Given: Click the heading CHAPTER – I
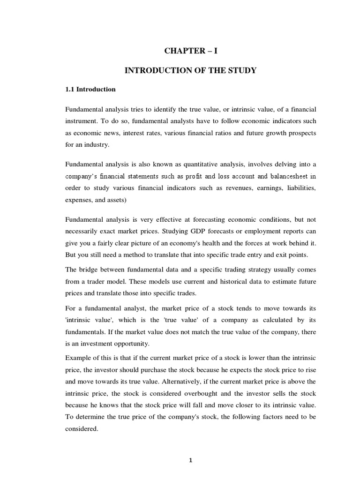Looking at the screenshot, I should click(x=190, y=51).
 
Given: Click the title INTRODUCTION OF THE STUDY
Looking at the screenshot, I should click(x=190, y=70).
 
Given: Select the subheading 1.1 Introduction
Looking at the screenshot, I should click(x=90, y=89).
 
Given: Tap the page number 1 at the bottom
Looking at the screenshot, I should click(x=190, y=460).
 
